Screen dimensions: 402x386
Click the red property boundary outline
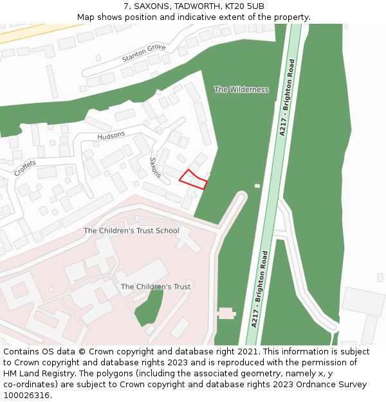point(193,179)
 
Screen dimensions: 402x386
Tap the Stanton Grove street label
point(143,53)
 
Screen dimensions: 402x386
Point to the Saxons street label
point(155,167)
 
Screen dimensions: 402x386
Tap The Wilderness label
point(241,89)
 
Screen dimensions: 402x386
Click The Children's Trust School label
point(131,230)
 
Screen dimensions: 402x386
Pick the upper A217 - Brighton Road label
point(287,96)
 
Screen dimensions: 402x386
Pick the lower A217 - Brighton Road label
point(259,289)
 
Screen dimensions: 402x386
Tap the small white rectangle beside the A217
point(257,186)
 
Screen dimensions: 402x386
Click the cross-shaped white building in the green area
point(226,313)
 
